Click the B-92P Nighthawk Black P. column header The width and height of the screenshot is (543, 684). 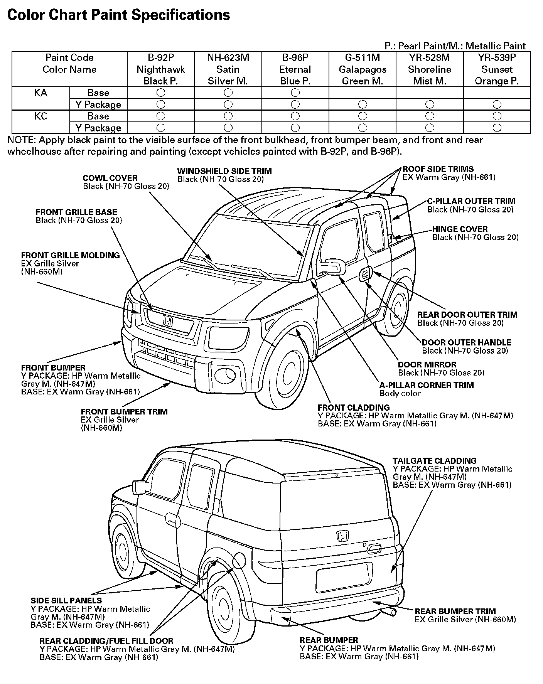(160, 69)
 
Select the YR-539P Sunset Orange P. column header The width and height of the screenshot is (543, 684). (497, 69)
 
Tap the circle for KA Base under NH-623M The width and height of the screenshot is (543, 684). (228, 93)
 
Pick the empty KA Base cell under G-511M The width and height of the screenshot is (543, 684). (363, 93)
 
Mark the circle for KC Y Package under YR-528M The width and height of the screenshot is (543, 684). (430, 128)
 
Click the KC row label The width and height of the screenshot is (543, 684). (41, 116)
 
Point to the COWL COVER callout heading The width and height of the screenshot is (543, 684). (110, 178)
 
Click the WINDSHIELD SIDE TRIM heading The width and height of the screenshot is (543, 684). (224, 171)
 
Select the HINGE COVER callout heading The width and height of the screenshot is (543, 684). (460, 229)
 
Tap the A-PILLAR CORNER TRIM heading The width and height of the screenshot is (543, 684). (427, 385)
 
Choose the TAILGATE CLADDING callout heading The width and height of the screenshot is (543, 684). (435, 461)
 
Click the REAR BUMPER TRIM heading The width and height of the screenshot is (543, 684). (455, 611)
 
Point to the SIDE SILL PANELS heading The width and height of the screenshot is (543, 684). (66, 600)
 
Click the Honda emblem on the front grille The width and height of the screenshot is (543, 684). (168, 321)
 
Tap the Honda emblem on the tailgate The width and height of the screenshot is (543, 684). (343, 536)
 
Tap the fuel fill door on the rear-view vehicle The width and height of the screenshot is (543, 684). (239, 560)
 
